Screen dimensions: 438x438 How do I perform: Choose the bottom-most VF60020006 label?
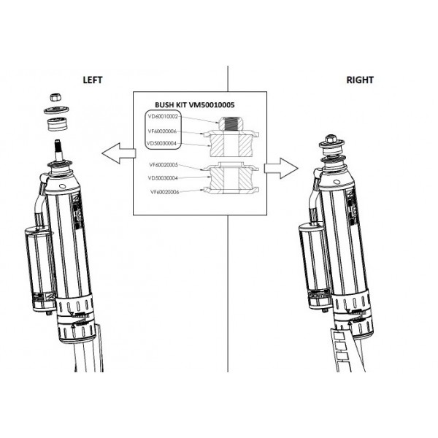[164, 191]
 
